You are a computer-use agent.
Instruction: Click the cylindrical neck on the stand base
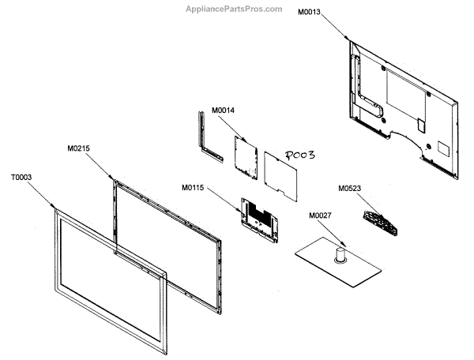click(341, 254)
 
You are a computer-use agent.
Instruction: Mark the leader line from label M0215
click(101, 164)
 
